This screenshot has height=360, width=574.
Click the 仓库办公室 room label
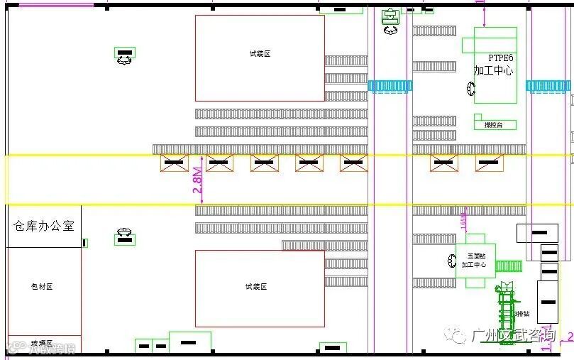(x=44, y=226)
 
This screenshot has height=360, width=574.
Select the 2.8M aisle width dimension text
(x=199, y=180)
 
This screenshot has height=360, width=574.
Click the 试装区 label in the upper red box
(x=260, y=54)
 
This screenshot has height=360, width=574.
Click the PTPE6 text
(x=500, y=58)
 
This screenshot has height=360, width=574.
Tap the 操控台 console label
(x=493, y=124)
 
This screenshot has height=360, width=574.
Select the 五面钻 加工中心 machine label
(x=474, y=260)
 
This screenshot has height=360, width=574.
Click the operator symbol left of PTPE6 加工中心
(x=471, y=89)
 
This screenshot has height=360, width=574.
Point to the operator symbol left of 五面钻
(x=453, y=261)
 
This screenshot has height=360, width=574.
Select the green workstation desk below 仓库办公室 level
(x=125, y=239)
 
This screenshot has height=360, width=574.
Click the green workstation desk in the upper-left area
(x=124, y=54)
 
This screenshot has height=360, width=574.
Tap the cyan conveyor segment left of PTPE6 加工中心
(x=390, y=86)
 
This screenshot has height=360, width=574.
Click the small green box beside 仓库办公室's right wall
(x=85, y=243)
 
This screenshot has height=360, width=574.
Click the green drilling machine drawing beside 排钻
(x=506, y=312)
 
